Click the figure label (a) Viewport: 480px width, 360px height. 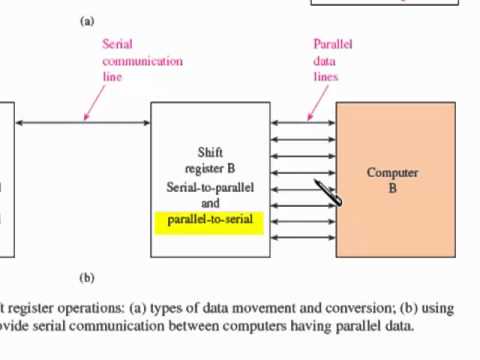click(86, 20)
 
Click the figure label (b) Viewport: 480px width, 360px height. click(86, 277)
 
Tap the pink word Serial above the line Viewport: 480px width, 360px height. click(117, 44)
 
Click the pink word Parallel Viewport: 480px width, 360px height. click(333, 44)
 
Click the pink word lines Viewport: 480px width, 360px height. click(326, 76)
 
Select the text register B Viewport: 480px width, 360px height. click(210, 156)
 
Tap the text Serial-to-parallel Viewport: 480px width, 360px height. click(210, 187)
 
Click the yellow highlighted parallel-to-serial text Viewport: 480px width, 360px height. click(210, 219)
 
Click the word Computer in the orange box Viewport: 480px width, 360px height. click(392, 172)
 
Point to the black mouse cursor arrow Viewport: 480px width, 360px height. click(328, 192)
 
